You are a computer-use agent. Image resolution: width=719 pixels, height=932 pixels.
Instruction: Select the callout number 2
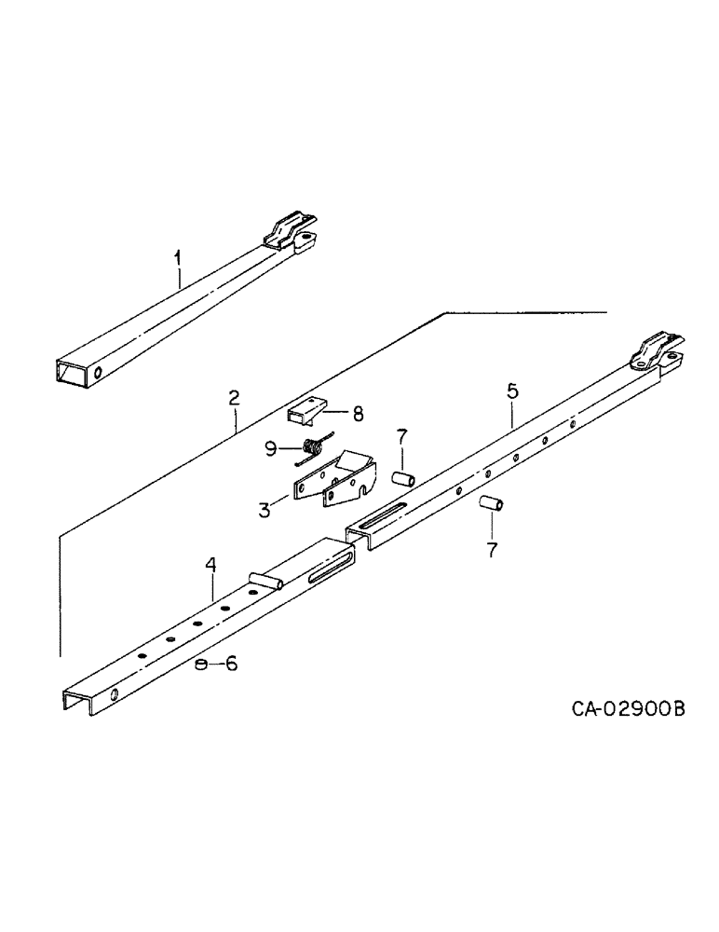[x=234, y=398]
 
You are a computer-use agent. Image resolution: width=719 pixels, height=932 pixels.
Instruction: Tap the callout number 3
[x=265, y=509]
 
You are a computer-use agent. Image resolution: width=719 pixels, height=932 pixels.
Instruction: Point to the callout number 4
[x=210, y=566]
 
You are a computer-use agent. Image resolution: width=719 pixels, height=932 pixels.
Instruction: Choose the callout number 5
[x=511, y=391]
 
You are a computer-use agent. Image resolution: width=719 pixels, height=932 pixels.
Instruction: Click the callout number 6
[x=230, y=664]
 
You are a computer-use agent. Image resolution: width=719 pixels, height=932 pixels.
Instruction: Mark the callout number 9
[x=271, y=448]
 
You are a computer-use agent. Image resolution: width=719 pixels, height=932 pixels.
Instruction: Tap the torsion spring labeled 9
[x=313, y=449]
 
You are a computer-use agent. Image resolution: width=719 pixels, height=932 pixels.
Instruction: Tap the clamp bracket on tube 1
[x=292, y=234]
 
